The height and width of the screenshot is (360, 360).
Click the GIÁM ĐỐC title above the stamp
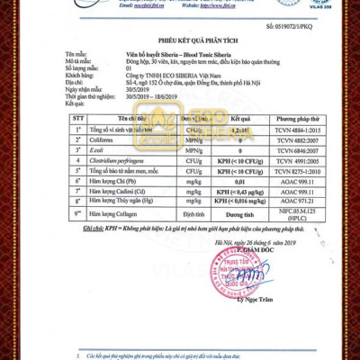click(x=256, y=249)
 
